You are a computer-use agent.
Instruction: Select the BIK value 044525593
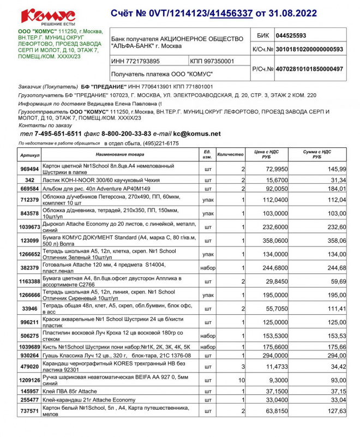tap(291, 35)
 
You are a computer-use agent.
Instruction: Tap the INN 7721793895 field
tap(136, 61)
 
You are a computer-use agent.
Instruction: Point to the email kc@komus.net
tap(197, 134)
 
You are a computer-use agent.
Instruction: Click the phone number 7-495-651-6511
tap(58, 134)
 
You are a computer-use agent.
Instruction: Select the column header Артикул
tap(30, 155)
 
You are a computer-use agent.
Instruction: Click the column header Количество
tap(230, 155)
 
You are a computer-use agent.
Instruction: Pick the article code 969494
tap(30, 169)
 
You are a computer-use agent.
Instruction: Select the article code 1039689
tap(30, 346)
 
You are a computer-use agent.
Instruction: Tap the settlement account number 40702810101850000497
tap(309, 69)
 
